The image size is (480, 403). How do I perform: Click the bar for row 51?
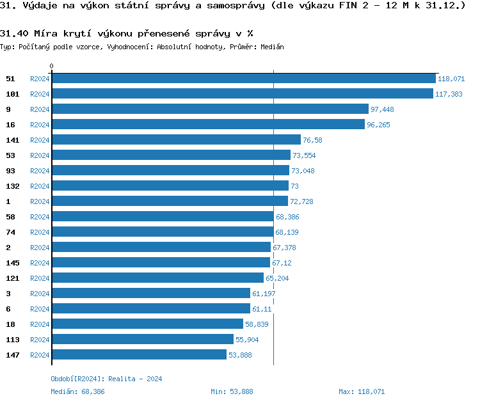point(243,79)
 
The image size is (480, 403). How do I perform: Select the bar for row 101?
point(242,94)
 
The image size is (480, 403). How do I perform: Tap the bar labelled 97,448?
point(210,109)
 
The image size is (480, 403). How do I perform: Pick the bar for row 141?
point(176,140)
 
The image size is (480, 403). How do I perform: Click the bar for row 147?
point(139,355)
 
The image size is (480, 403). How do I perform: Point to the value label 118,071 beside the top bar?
point(451,79)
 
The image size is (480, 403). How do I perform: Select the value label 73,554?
point(304,155)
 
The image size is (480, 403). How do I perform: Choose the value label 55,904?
point(247,340)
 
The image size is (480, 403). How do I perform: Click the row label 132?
point(12,186)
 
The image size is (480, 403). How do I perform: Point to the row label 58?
point(10,217)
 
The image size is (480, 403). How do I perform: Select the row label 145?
point(12,263)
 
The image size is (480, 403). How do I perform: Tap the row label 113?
point(12,340)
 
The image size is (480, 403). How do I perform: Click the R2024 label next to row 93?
point(40,171)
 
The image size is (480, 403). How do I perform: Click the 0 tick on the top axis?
point(52,66)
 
